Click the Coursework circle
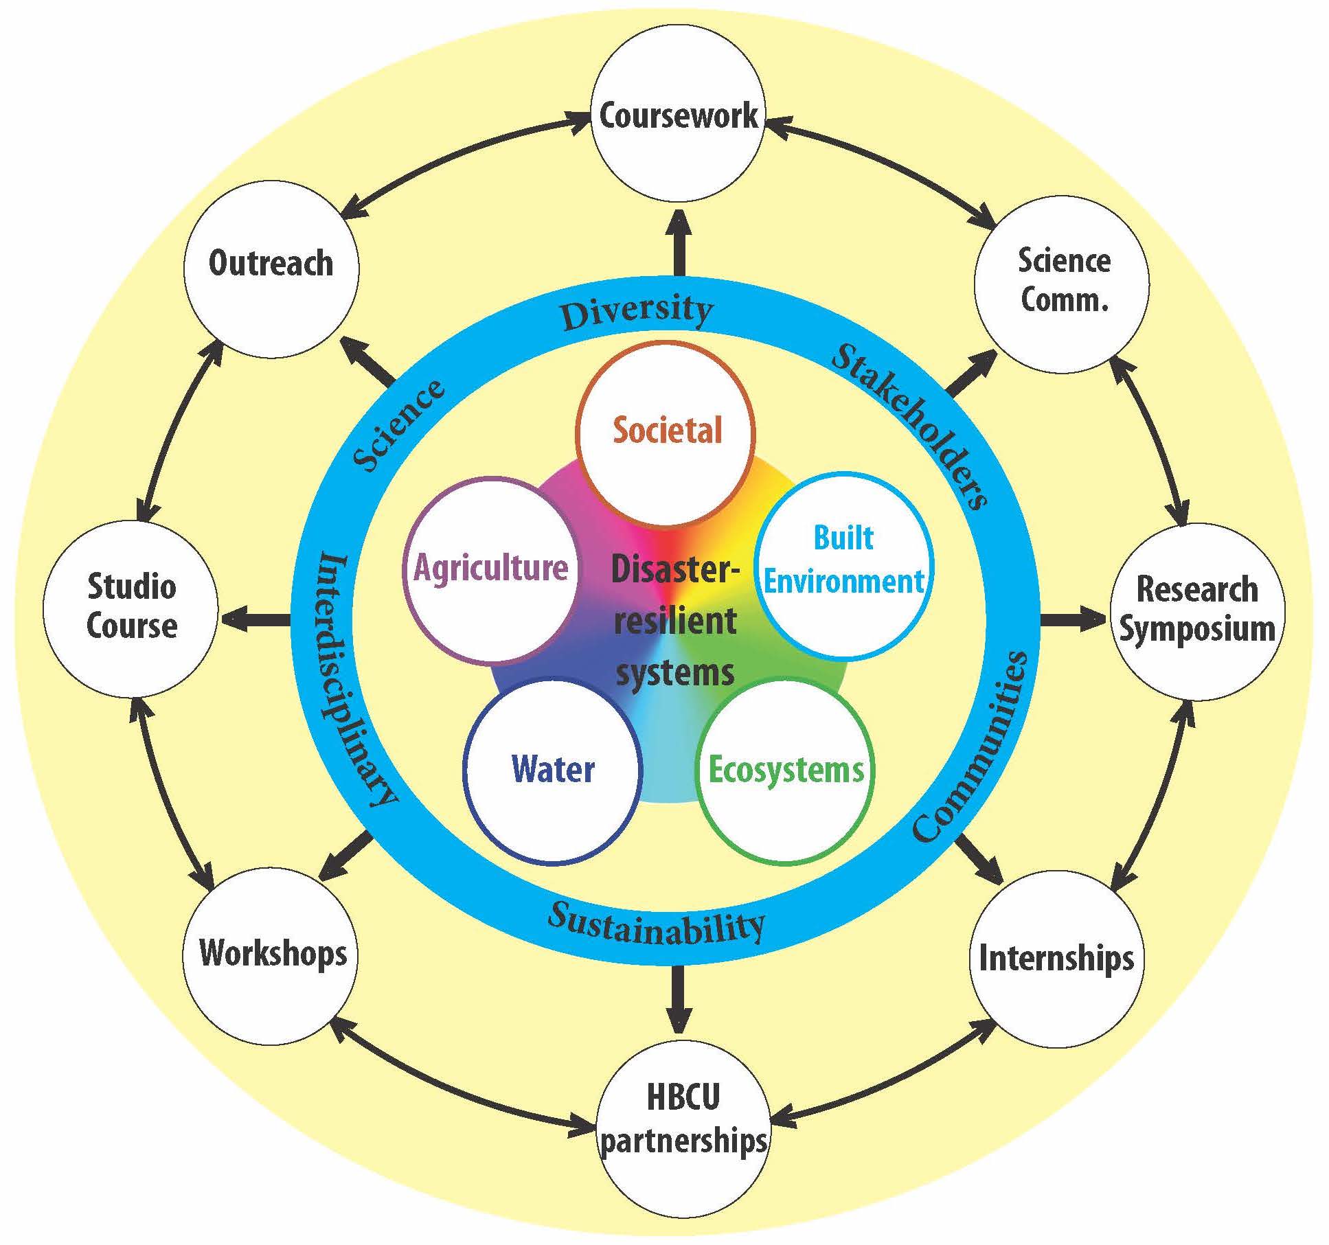[678, 115]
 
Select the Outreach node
[271, 268]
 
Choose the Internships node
[1056, 957]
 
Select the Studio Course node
[131, 607]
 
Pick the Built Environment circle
[844, 561]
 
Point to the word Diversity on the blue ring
[637, 312]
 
